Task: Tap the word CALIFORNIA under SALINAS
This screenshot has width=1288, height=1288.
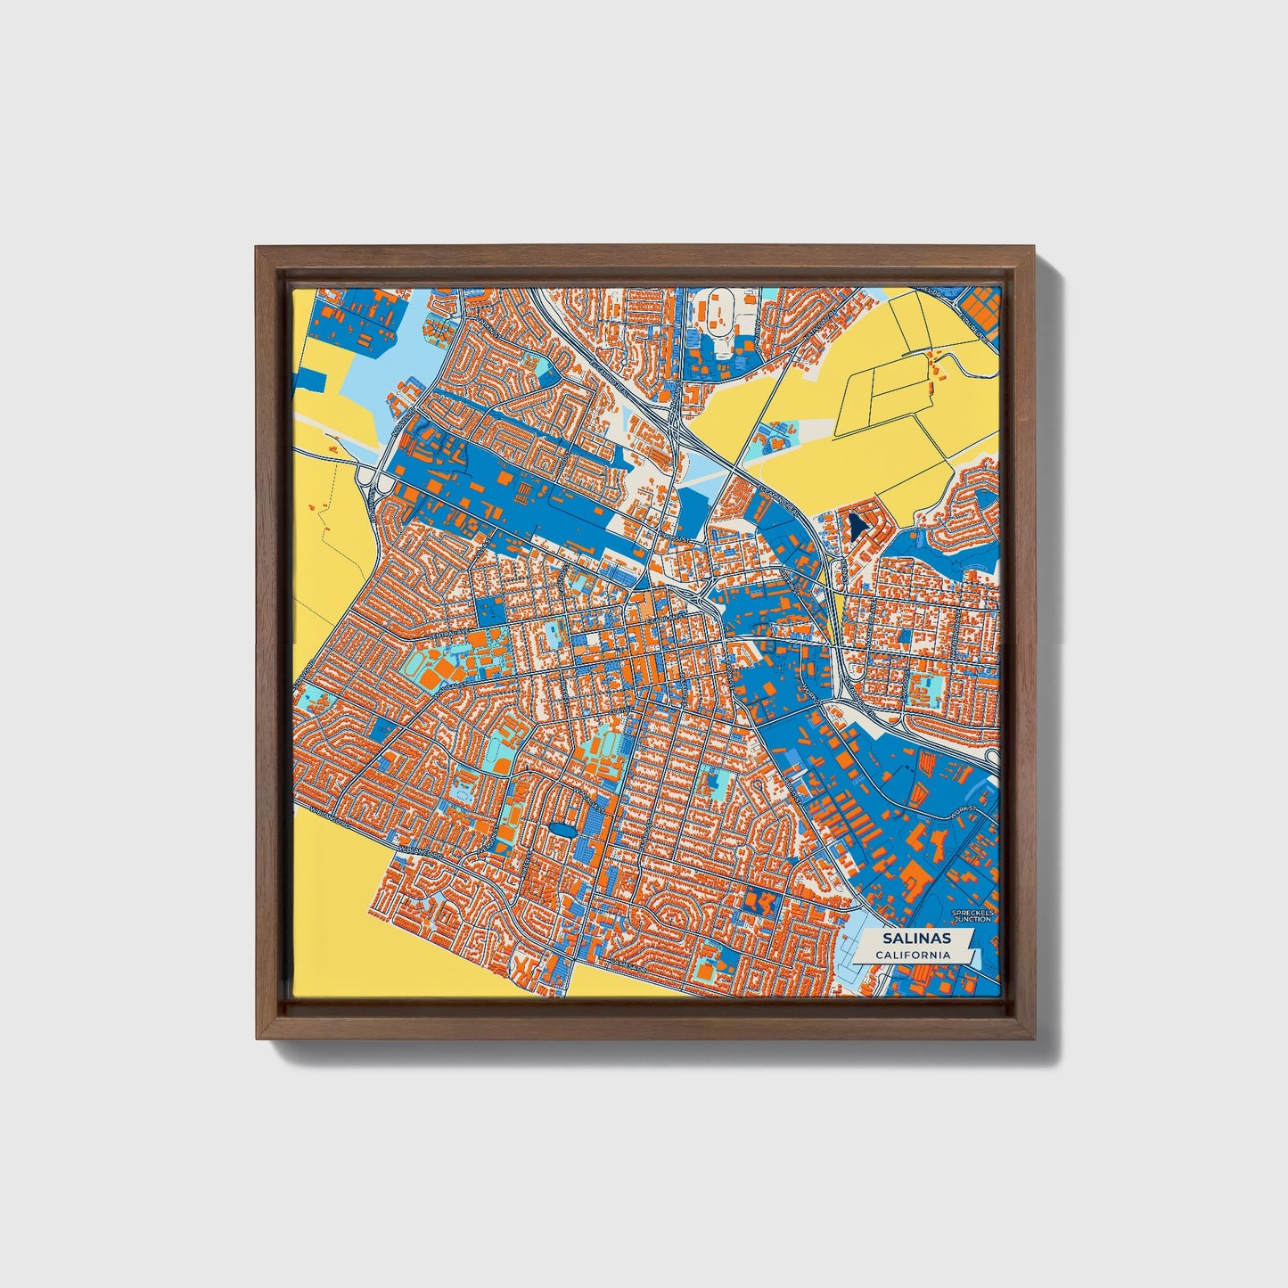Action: click(x=912, y=956)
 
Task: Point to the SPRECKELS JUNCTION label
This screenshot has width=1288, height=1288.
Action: click(x=972, y=915)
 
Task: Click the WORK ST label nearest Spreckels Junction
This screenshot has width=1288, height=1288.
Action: click(x=964, y=812)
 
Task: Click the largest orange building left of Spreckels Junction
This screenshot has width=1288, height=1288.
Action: click(x=916, y=876)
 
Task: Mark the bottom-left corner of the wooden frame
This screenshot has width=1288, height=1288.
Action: click(x=257, y=1039)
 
